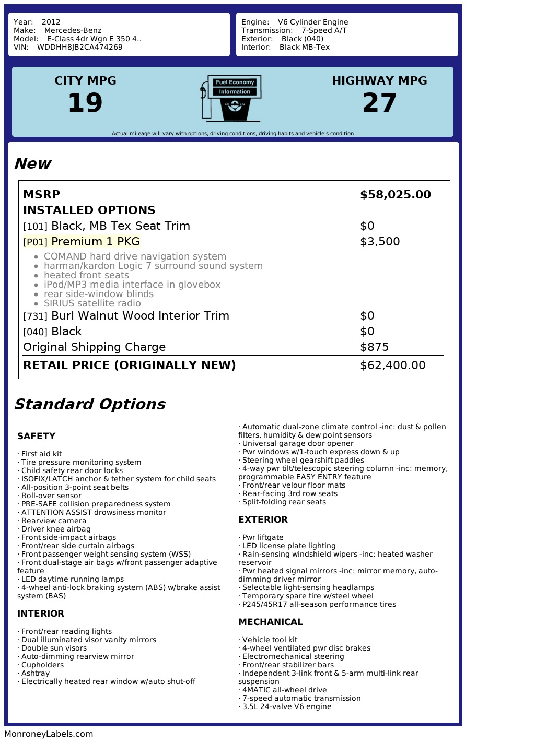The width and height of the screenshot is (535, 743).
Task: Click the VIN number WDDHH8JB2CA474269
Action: pos(80,47)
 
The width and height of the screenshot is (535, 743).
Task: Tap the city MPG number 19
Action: pos(85,102)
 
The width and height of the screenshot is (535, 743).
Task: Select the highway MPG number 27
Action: pos(379,102)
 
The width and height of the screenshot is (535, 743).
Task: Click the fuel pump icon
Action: pos(230,98)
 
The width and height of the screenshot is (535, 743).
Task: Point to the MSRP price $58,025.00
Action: pos(395,195)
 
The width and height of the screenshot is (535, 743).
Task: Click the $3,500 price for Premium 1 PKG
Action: pos(380,242)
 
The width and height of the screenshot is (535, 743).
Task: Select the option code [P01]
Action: pos(35,242)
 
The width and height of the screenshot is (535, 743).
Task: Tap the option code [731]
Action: pos(35,316)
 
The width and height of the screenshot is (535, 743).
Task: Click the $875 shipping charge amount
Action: pos(374,347)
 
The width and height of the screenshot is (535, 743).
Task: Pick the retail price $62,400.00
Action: pos(392,365)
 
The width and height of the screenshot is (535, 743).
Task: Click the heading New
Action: pos(32,163)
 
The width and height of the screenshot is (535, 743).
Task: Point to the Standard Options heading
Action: pos(89,404)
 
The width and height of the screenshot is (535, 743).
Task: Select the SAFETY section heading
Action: pos(36,436)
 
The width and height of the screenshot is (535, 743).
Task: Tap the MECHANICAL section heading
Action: pos(270,622)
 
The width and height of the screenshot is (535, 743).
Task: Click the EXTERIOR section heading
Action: pos(263,520)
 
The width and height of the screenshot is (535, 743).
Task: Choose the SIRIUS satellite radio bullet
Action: pos(92,303)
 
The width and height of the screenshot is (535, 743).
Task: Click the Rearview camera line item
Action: pos(54,521)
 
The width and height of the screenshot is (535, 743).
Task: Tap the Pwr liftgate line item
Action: pos(263,537)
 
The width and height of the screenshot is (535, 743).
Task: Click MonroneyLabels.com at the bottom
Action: pos(49,734)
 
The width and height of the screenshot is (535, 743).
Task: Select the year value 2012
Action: pos(51,22)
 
